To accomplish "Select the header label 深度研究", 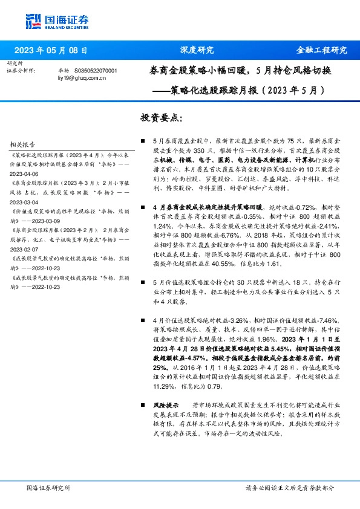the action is point(197,51).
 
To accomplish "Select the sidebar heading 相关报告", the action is point(23,145).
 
